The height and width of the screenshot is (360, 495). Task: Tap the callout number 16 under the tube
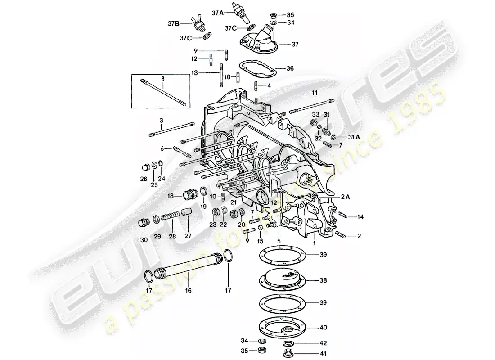(x=188, y=291)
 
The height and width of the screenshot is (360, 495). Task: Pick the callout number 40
(x=324, y=328)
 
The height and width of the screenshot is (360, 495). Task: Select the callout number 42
(x=324, y=342)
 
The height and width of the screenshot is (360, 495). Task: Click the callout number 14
(x=360, y=217)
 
